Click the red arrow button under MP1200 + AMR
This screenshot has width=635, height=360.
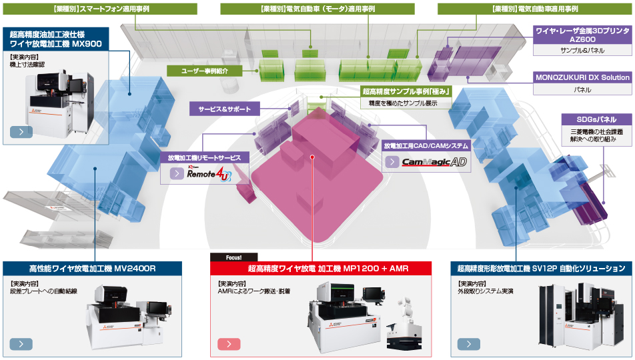[229, 344]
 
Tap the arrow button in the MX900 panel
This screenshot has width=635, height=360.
[21, 131]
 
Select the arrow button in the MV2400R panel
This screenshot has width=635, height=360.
[21, 344]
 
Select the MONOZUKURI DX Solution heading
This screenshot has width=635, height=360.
[582, 77]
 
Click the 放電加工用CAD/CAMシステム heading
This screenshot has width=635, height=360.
[426, 144]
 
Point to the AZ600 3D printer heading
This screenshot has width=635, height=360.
[582, 35]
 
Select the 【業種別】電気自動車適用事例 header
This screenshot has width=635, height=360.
[534, 9]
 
